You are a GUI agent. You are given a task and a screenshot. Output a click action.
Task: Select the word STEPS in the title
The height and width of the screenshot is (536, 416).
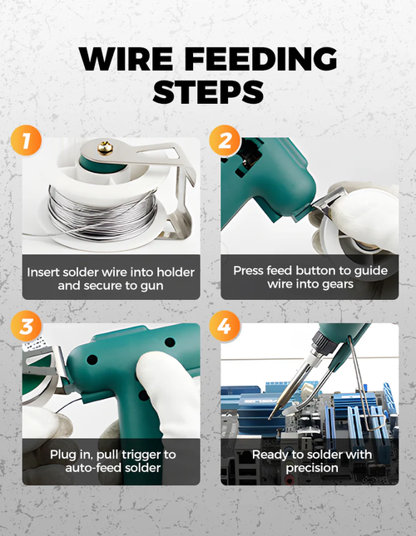[x=208, y=93]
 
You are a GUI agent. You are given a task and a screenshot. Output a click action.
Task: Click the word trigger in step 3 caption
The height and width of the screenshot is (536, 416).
[x=131, y=455]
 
